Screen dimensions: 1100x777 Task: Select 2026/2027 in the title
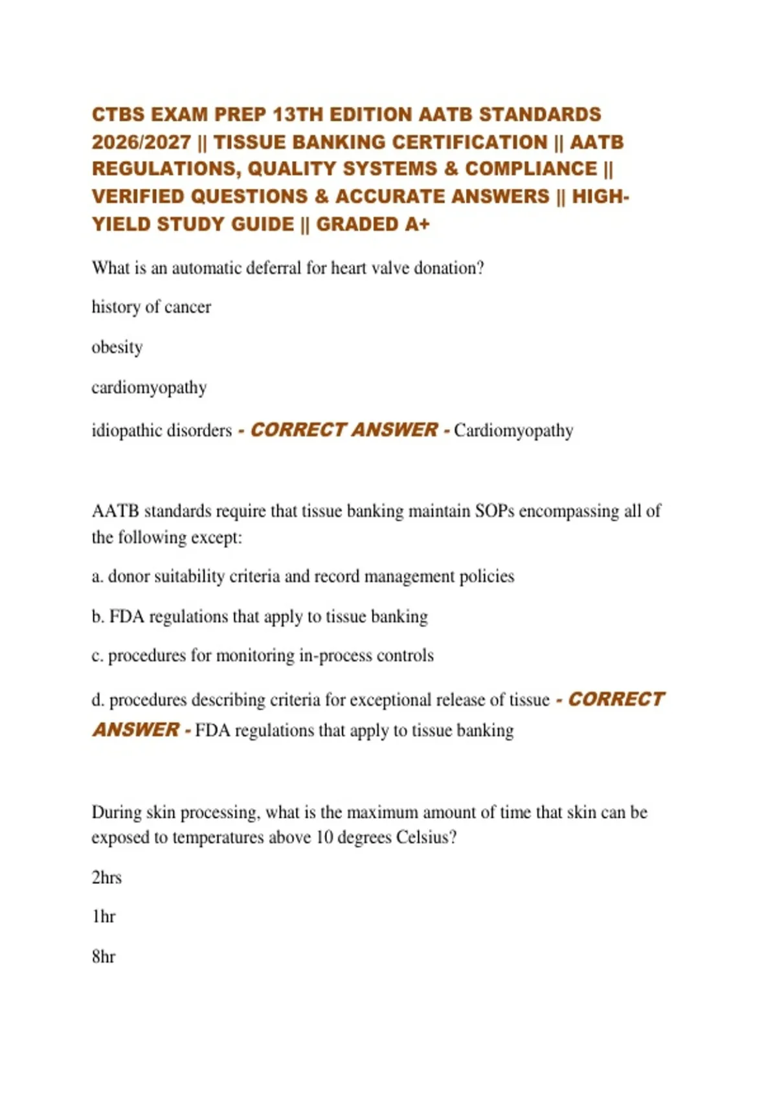pyautogui.click(x=141, y=142)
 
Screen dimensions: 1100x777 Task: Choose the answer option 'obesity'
pyautogui.click(x=117, y=347)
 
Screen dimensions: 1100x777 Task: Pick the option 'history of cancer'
pyautogui.click(x=151, y=307)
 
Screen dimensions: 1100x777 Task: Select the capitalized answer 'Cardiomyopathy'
pyautogui.click(x=513, y=430)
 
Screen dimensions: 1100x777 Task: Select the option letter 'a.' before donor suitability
pyautogui.click(x=97, y=577)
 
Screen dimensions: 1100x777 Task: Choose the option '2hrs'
pyautogui.click(x=106, y=877)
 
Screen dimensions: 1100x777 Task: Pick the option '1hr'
pyautogui.click(x=103, y=917)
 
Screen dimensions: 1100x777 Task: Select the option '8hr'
pyautogui.click(x=103, y=956)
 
